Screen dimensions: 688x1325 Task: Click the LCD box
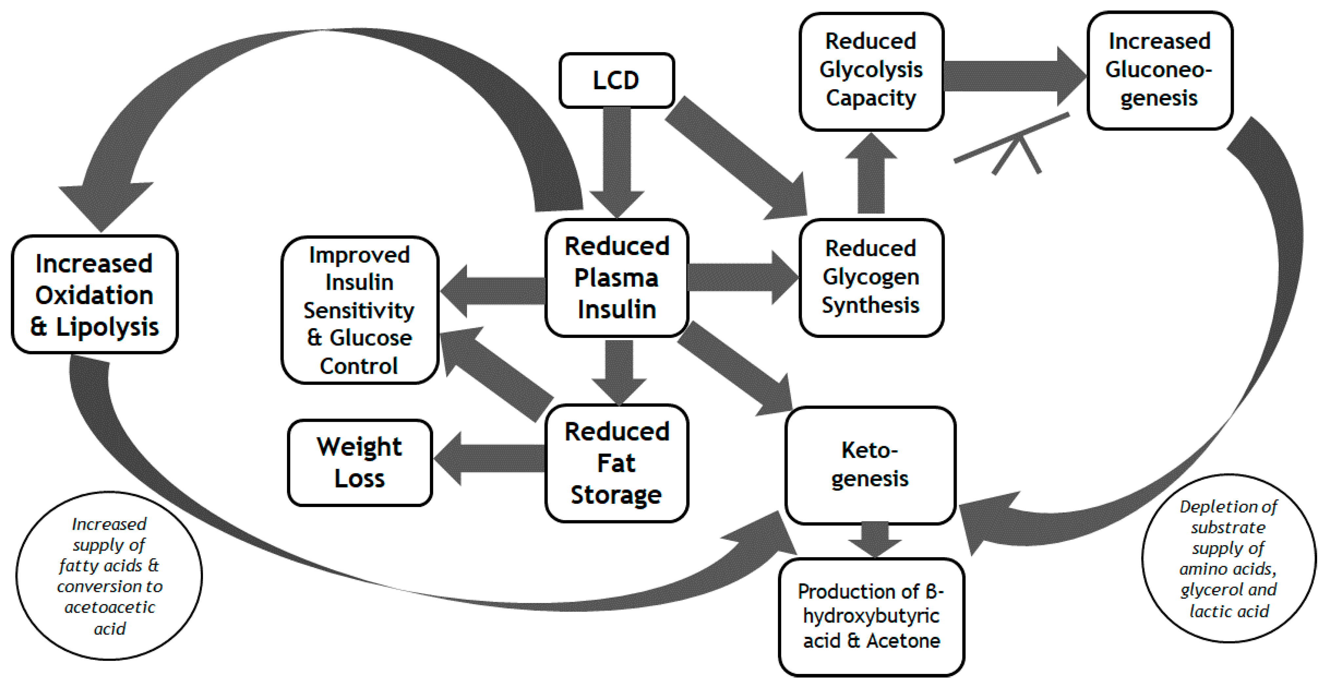click(616, 80)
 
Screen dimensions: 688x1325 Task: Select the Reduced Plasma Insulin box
click(616, 278)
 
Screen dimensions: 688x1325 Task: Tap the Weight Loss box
click(359, 462)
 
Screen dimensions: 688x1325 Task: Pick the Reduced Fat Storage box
click(616, 463)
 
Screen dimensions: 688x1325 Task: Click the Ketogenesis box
click(870, 464)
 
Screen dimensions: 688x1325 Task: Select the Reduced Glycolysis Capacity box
click(871, 70)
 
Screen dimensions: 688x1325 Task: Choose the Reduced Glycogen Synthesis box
click(871, 277)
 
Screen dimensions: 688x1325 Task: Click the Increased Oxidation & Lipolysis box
click(95, 295)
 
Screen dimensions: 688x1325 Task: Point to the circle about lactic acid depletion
click(1228, 559)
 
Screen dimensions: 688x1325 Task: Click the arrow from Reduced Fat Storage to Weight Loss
click(489, 458)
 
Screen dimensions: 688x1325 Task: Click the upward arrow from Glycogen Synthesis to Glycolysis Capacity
click(871, 175)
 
